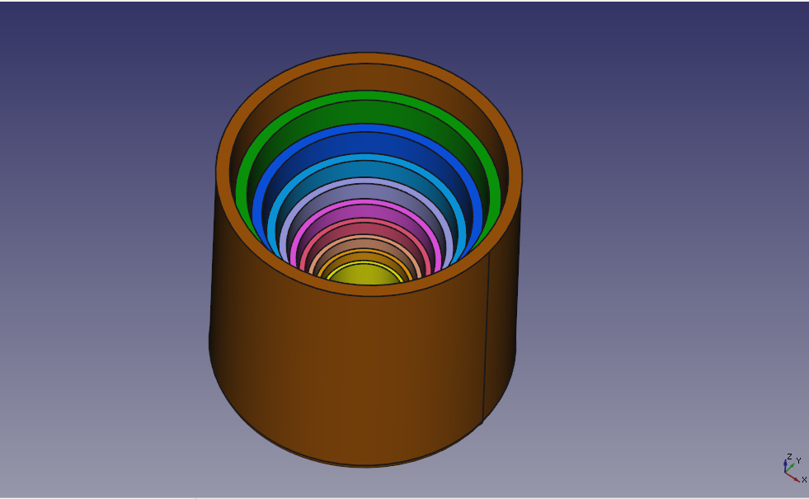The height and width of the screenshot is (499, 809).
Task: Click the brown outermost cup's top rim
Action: [366, 58]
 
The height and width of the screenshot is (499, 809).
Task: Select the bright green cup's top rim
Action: [366, 96]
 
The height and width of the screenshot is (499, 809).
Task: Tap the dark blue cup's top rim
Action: [366, 128]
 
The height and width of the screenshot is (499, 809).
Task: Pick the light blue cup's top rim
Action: [366, 157]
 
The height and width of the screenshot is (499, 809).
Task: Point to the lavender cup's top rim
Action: [366, 181]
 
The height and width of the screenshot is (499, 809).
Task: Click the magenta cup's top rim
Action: [366, 202]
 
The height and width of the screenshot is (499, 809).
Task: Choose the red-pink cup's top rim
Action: [366, 220]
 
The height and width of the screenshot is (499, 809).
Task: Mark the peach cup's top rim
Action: [366, 237]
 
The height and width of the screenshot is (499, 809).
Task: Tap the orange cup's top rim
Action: [366, 252]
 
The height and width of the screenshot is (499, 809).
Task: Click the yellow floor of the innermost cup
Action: [366, 275]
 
